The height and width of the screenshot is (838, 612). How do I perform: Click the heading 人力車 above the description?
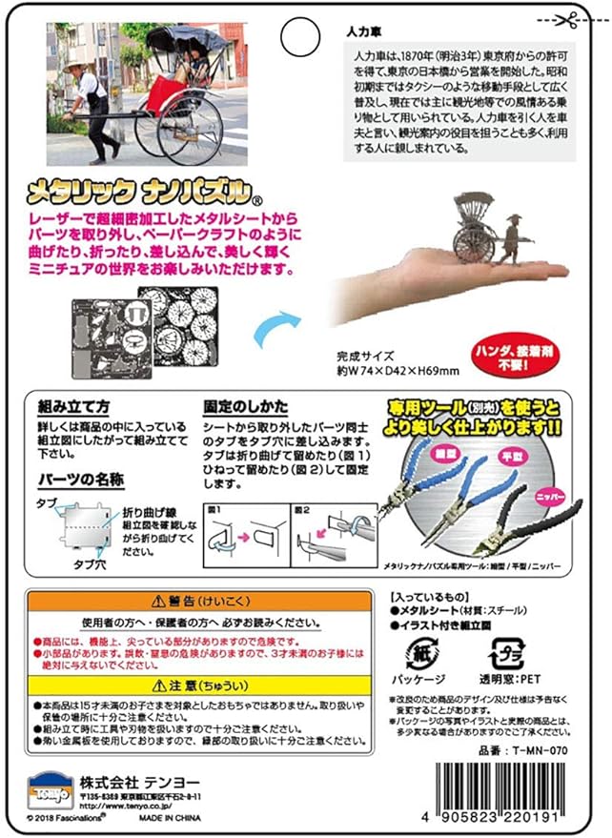[363, 31]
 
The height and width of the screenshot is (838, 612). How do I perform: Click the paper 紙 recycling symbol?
[425, 656]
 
